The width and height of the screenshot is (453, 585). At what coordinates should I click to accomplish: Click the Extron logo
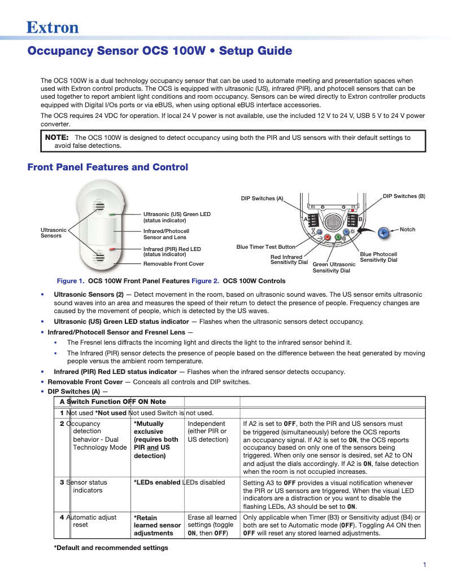(53, 27)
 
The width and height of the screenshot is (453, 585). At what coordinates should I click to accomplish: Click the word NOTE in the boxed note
(56, 137)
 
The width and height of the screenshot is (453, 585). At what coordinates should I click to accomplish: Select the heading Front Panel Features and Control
(107, 167)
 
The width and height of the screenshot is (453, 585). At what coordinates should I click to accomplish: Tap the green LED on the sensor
(112, 215)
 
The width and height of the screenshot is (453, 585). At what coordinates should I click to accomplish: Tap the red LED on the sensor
(112, 249)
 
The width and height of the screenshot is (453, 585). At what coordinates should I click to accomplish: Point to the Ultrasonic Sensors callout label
(53, 232)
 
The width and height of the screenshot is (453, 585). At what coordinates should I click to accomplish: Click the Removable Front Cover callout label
(173, 263)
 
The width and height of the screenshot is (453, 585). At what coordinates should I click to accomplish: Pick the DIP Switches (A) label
(262, 199)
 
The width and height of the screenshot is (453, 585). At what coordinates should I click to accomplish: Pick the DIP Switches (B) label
(404, 196)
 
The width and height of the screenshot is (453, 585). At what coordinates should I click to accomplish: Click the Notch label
(407, 230)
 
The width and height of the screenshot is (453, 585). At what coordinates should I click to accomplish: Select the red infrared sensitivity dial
(328, 238)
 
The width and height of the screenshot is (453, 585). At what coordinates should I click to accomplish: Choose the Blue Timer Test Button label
(265, 247)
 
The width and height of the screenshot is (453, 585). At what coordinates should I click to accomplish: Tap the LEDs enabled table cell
(156, 482)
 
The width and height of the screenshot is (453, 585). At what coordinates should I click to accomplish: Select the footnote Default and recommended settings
(111, 548)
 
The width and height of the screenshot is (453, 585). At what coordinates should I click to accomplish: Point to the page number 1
(424, 565)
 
